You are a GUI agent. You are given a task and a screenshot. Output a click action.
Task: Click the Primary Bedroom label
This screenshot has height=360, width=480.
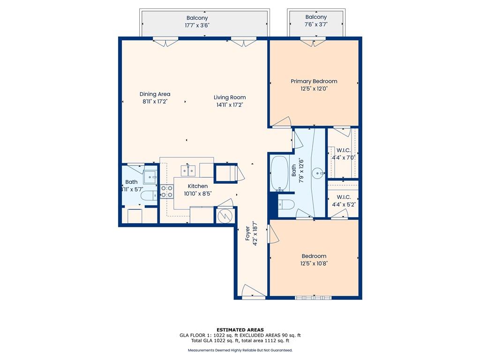(314, 81)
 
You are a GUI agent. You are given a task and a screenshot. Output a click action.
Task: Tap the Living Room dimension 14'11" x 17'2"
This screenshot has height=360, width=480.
(230, 105)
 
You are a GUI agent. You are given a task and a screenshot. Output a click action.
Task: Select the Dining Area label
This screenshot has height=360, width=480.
(155, 94)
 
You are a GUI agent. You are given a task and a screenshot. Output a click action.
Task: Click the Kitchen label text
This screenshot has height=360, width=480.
(198, 186)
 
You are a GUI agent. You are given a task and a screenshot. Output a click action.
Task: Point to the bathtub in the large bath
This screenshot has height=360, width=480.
(279, 173)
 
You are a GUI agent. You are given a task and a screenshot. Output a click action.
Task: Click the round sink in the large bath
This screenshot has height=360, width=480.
(318, 173)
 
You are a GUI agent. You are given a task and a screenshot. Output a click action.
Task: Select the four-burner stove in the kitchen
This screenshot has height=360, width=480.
(167, 191)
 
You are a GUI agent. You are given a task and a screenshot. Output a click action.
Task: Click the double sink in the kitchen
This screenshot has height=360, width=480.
(188, 171)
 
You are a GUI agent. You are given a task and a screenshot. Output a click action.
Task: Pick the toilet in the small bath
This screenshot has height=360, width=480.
(149, 195)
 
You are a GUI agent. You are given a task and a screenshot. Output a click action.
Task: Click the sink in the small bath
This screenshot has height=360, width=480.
(150, 177)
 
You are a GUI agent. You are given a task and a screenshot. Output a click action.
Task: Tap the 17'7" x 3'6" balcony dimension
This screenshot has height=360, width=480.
(197, 25)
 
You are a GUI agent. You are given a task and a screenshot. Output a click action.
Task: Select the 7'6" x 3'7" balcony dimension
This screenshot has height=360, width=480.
(316, 24)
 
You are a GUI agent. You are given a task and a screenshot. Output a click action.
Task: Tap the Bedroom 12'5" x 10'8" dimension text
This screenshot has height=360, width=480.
(314, 263)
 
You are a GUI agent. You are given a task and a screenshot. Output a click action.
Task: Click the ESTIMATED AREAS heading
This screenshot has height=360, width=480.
(240, 330)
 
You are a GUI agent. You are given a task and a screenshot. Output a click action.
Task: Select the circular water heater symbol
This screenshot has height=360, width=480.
(225, 216)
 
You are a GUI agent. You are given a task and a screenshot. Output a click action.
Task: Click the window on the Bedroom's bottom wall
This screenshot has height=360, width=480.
(313, 298)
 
